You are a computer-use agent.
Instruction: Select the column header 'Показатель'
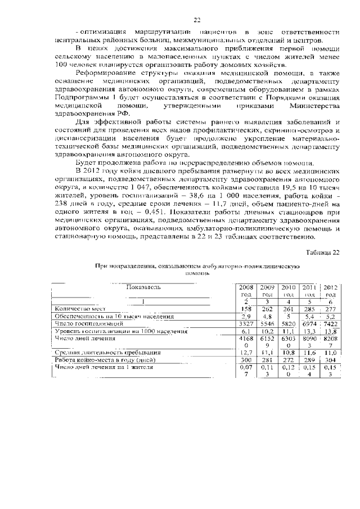click(143, 287)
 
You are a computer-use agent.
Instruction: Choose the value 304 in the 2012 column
click(330, 360)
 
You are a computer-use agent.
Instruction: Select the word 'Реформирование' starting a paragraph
click(106, 74)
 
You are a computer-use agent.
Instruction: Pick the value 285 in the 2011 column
click(309, 309)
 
